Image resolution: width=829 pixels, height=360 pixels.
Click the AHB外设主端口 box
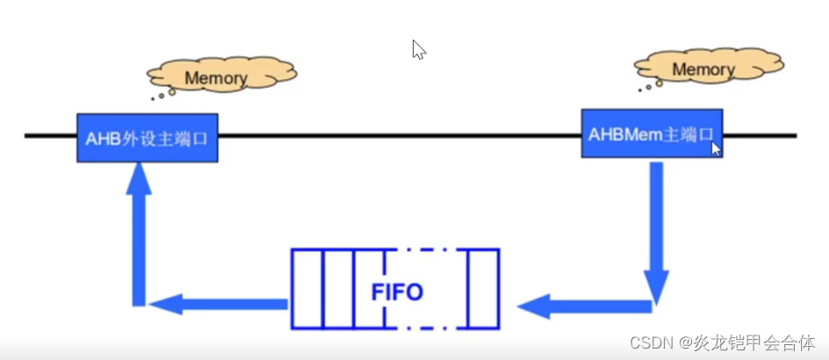pos(147,138)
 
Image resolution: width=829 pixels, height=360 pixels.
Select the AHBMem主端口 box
pos(651,133)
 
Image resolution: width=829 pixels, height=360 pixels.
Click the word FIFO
pos(397,291)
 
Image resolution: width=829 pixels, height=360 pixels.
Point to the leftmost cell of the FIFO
pos(306,290)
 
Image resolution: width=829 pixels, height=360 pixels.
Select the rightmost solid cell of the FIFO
pos(482,290)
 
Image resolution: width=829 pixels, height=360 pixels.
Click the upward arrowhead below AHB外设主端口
pos(138,179)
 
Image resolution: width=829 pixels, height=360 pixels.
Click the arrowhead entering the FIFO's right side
pos(530,306)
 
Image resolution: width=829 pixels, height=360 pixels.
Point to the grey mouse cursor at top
pos(418,49)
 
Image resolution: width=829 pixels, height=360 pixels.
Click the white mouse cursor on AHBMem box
pos(716,148)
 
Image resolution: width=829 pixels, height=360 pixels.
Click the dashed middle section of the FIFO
pos(425,263)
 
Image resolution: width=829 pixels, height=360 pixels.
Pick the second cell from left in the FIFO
pos(338,290)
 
